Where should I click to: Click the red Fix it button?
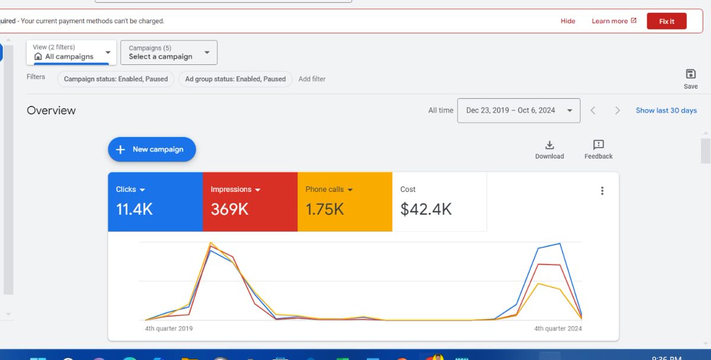[667, 21]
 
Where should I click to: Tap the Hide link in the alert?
[568, 21]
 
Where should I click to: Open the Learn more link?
[614, 21]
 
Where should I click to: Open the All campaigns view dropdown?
[71, 53]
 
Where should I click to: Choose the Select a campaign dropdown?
[168, 53]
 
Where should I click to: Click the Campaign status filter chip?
[116, 79]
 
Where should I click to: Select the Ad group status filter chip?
[235, 79]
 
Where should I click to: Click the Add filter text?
[312, 79]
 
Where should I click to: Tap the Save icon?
[690, 75]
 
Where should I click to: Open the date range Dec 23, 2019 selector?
[518, 111]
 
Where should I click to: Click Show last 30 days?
[666, 111]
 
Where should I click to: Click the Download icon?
[549, 146]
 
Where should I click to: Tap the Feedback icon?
[598, 146]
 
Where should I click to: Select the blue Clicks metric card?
[155, 201]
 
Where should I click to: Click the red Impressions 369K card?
[250, 201]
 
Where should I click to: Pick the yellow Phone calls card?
[345, 201]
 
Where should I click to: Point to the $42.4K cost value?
[426, 209]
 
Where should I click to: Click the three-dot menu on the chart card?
[602, 191]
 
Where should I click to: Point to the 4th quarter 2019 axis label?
[169, 329]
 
